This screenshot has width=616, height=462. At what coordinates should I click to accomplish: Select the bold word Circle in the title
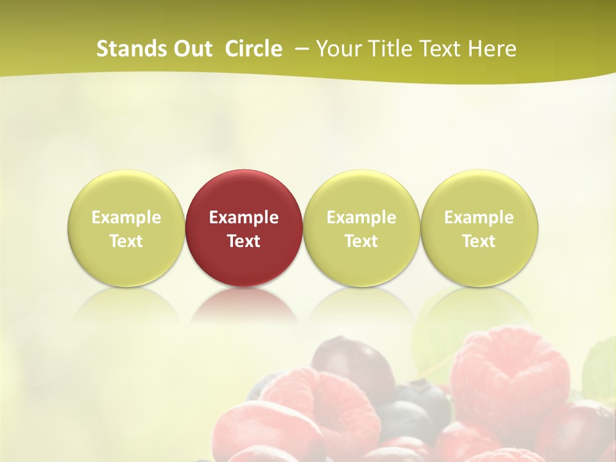(253, 49)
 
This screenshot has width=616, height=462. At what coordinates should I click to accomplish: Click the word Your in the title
(339, 49)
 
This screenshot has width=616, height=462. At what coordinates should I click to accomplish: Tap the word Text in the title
(442, 49)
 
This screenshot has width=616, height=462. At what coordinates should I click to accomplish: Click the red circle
(244, 193)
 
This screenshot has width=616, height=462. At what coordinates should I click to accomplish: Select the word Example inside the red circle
(244, 218)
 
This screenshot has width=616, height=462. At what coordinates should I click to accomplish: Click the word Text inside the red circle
(244, 241)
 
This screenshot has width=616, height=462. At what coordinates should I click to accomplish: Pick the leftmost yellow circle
(126, 193)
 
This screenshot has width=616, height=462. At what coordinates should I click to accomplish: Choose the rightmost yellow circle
(479, 193)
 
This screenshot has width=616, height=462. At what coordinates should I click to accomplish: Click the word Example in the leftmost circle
(126, 218)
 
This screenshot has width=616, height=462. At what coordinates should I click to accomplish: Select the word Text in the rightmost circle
(479, 241)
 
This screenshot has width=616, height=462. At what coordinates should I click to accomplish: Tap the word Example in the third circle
(361, 218)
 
